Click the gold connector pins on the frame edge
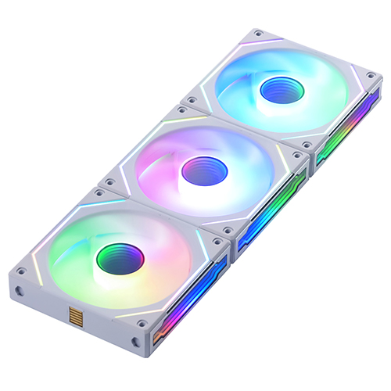(77, 317)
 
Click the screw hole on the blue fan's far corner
(256, 34)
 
